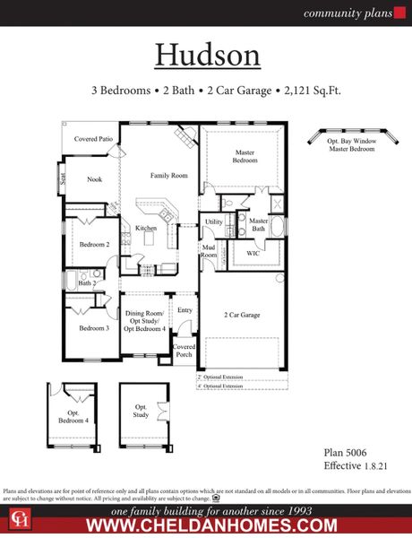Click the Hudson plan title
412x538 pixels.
pos(208,54)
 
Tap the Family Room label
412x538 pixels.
pos(168,175)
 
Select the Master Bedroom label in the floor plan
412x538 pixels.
pos(245,156)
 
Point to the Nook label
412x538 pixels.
pos(94,179)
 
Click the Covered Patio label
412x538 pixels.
pos(92,139)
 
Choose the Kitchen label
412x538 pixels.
pos(146,229)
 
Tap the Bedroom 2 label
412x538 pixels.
pos(94,244)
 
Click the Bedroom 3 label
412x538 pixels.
pos(93,328)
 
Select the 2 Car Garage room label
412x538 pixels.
pos(242,315)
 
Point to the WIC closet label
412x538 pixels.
pos(253,254)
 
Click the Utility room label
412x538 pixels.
pos(213,221)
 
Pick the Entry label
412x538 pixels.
pos(185,310)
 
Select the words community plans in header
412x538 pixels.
pos(339,13)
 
